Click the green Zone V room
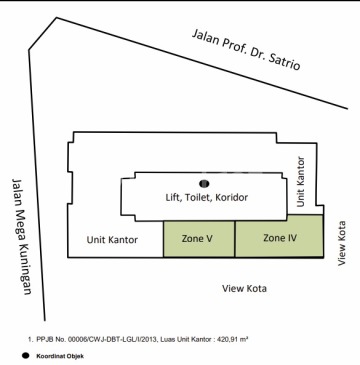199,239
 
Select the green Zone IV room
279,236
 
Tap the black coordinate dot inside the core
204,183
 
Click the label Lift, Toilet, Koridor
207,197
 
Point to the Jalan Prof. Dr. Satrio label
246,50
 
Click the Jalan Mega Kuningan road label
21,237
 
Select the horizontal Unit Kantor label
112,240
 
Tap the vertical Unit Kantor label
301,182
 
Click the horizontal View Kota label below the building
244,288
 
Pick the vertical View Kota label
341,243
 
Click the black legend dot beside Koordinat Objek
25,356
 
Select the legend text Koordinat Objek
60,356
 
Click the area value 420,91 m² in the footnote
233,339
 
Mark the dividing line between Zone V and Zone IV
235,239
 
